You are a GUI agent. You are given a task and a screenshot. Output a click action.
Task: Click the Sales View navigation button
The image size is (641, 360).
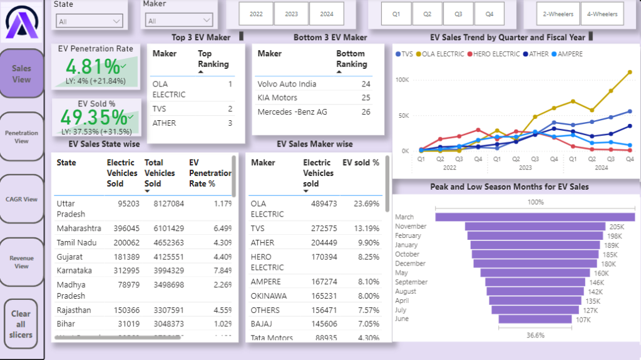click(x=21, y=74)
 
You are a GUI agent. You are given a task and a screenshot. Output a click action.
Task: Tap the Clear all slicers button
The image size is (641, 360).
click(x=21, y=324)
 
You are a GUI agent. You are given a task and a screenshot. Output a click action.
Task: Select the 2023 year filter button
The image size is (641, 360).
click(x=292, y=13)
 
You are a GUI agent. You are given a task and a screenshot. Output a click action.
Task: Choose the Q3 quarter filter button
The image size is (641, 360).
click(x=458, y=13)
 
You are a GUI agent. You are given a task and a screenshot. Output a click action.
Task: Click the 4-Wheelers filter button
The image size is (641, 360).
click(x=602, y=13)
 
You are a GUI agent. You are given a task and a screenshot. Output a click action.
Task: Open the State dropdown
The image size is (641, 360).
click(x=90, y=21)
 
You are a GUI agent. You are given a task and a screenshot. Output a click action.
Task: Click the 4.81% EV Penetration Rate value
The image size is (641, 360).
click(x=93, y=66)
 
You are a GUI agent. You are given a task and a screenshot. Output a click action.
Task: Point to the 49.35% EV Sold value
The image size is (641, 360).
click(x=93, y=117)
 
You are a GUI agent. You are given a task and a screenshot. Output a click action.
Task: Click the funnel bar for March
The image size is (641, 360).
click(x=535, y=217)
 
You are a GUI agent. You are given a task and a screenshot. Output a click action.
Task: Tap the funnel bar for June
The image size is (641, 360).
click(x=535, y=319)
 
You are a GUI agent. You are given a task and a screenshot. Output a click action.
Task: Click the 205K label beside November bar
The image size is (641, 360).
click(x=617, y=227)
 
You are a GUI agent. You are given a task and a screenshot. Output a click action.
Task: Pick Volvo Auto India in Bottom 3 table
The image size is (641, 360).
click(x=287, y=84)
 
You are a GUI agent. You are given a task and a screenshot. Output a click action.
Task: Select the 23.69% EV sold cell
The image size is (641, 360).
click(x=366, y=203)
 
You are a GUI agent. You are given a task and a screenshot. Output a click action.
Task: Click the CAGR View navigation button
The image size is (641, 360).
click(x=21, y=199)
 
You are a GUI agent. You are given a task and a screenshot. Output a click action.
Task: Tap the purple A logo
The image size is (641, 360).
click(x=21, y=24)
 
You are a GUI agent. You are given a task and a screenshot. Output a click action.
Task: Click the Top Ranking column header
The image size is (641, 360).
click(x=213, y=59)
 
